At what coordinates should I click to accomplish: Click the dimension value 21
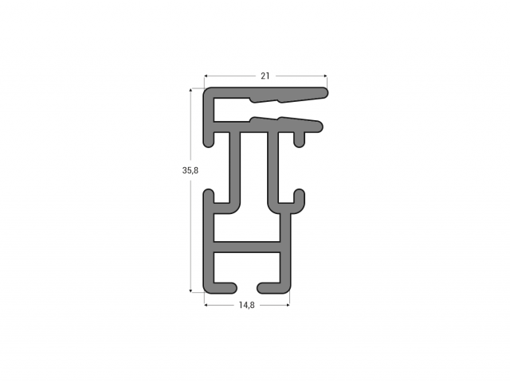pos(265,76)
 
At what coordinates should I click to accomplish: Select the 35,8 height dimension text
pos(190,170)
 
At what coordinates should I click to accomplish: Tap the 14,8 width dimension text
pos(246,305)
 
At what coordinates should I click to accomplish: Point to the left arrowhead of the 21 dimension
pos(206,76)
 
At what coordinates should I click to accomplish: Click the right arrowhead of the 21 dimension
pos(325,76)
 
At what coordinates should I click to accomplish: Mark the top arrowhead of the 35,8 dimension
pos(190,90)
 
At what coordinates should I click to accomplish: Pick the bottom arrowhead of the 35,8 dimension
pos(190,290)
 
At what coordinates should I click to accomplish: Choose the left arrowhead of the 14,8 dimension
pos(206,305)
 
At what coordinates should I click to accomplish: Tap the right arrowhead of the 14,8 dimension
pos(288,305)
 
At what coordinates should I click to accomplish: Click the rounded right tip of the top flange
pos(324,93)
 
